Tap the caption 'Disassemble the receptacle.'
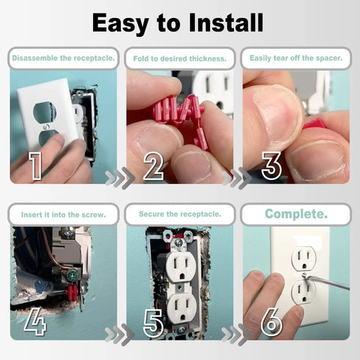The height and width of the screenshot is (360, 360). coord(63,58)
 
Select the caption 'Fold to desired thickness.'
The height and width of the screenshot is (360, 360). coord(179,58)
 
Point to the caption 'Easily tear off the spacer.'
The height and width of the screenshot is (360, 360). coord(295,58)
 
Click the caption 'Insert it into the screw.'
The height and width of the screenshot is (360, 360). coord(63,214)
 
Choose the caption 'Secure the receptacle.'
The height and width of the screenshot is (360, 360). coord(179,214)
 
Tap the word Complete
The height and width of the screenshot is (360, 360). coord(295,214)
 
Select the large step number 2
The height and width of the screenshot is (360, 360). coord(153,166)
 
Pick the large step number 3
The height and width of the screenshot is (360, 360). coord(271,166)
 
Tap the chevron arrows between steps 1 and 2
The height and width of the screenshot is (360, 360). coord(114,178)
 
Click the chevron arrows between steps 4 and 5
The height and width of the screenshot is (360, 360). coord(114,334)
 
